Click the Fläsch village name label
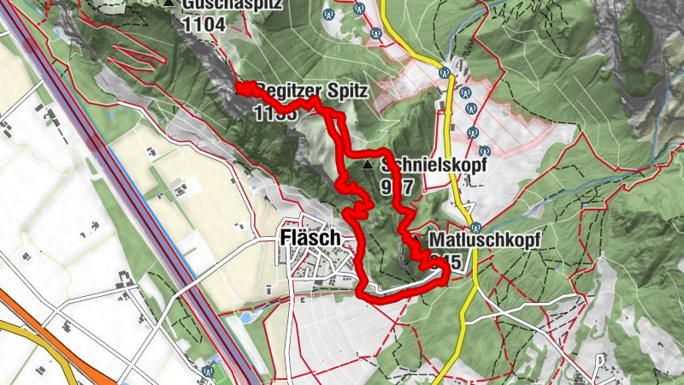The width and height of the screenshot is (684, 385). point(310,238)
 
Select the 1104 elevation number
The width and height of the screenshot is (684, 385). point(203,25)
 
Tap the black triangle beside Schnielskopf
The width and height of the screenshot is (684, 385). point(368,164)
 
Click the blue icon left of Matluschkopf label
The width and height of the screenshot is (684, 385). point(476,226)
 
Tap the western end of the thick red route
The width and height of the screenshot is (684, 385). point(241,86)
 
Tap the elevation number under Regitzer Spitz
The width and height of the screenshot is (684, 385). point(275,112)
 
